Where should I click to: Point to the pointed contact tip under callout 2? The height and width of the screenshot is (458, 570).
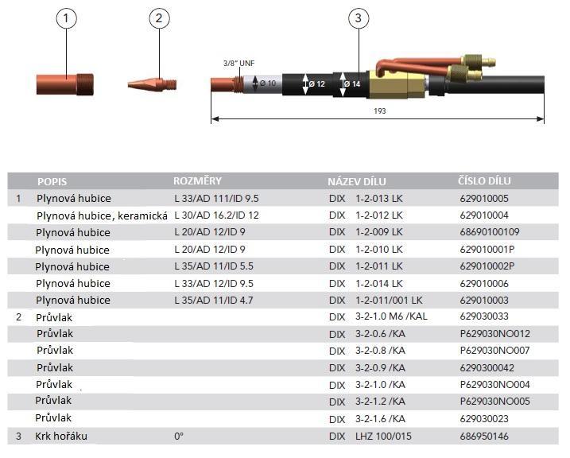pyautogui.click(x=152, y=82)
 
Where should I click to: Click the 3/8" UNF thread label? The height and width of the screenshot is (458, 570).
pyautogui.click(x=238, y=64)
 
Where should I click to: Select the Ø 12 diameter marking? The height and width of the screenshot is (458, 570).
pyautogui.click(x=316, y=83)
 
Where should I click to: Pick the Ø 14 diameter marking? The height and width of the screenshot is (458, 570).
pyautogui.click(x=351, y=83)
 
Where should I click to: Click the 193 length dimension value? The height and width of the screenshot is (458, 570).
pyautogui.click(x=379, y=111)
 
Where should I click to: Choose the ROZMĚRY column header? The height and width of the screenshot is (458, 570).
pyautogui.click(x=197, y=180)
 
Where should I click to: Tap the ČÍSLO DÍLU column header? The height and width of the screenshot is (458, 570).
pyautogui.click(x=485, y=180)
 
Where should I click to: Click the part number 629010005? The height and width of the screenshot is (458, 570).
pyautogui.click(x=484, y=198)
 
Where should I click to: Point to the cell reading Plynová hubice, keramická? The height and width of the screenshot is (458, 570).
pyautogui.click(x=102, y=215)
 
